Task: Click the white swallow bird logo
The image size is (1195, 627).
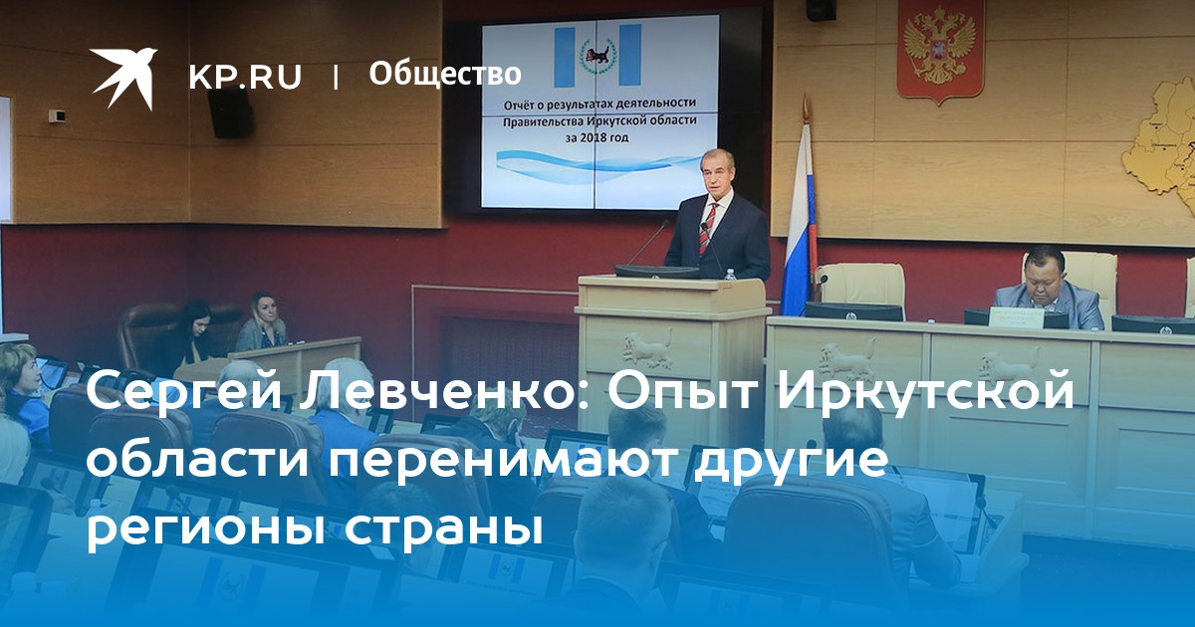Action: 123,78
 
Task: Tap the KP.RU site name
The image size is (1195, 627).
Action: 245,77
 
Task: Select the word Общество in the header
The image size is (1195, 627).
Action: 445,74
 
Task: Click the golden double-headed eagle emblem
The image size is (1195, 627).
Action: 940,51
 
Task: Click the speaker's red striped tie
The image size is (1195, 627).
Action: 708,228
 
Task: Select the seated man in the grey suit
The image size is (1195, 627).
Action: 1047,290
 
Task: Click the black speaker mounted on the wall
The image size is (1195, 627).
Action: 230,112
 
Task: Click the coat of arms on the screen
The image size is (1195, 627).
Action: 597,56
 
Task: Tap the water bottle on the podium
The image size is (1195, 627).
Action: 730,274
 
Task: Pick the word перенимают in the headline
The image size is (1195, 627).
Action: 500,461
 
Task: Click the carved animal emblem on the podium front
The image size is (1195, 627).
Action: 647,348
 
